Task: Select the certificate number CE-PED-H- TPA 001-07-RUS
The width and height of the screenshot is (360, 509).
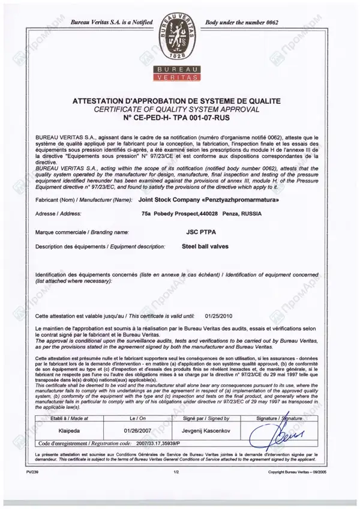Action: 179,119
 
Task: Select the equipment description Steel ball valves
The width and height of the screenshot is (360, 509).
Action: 204,246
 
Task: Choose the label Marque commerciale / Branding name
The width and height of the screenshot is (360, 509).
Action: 82,230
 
